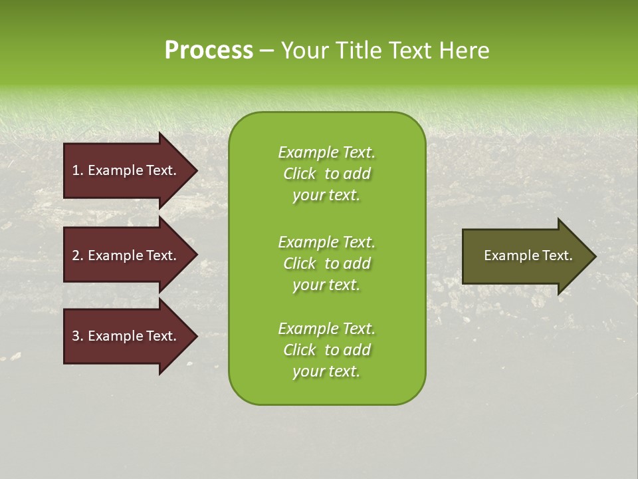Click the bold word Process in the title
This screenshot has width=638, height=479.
[x=209, y=51]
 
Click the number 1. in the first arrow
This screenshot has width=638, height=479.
[x=77, y=170]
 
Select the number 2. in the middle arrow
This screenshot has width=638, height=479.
[x=77, y=255]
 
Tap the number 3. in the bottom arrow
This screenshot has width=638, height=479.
[x=77, y=336]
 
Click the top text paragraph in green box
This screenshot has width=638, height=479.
[x=326, y=174]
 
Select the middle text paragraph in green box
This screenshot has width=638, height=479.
[x=326, y=263]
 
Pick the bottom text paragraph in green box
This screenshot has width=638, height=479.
[x=326, y=350]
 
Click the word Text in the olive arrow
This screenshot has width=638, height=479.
[x=557, y=255]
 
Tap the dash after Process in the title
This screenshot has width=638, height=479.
[x=266, y=51]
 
